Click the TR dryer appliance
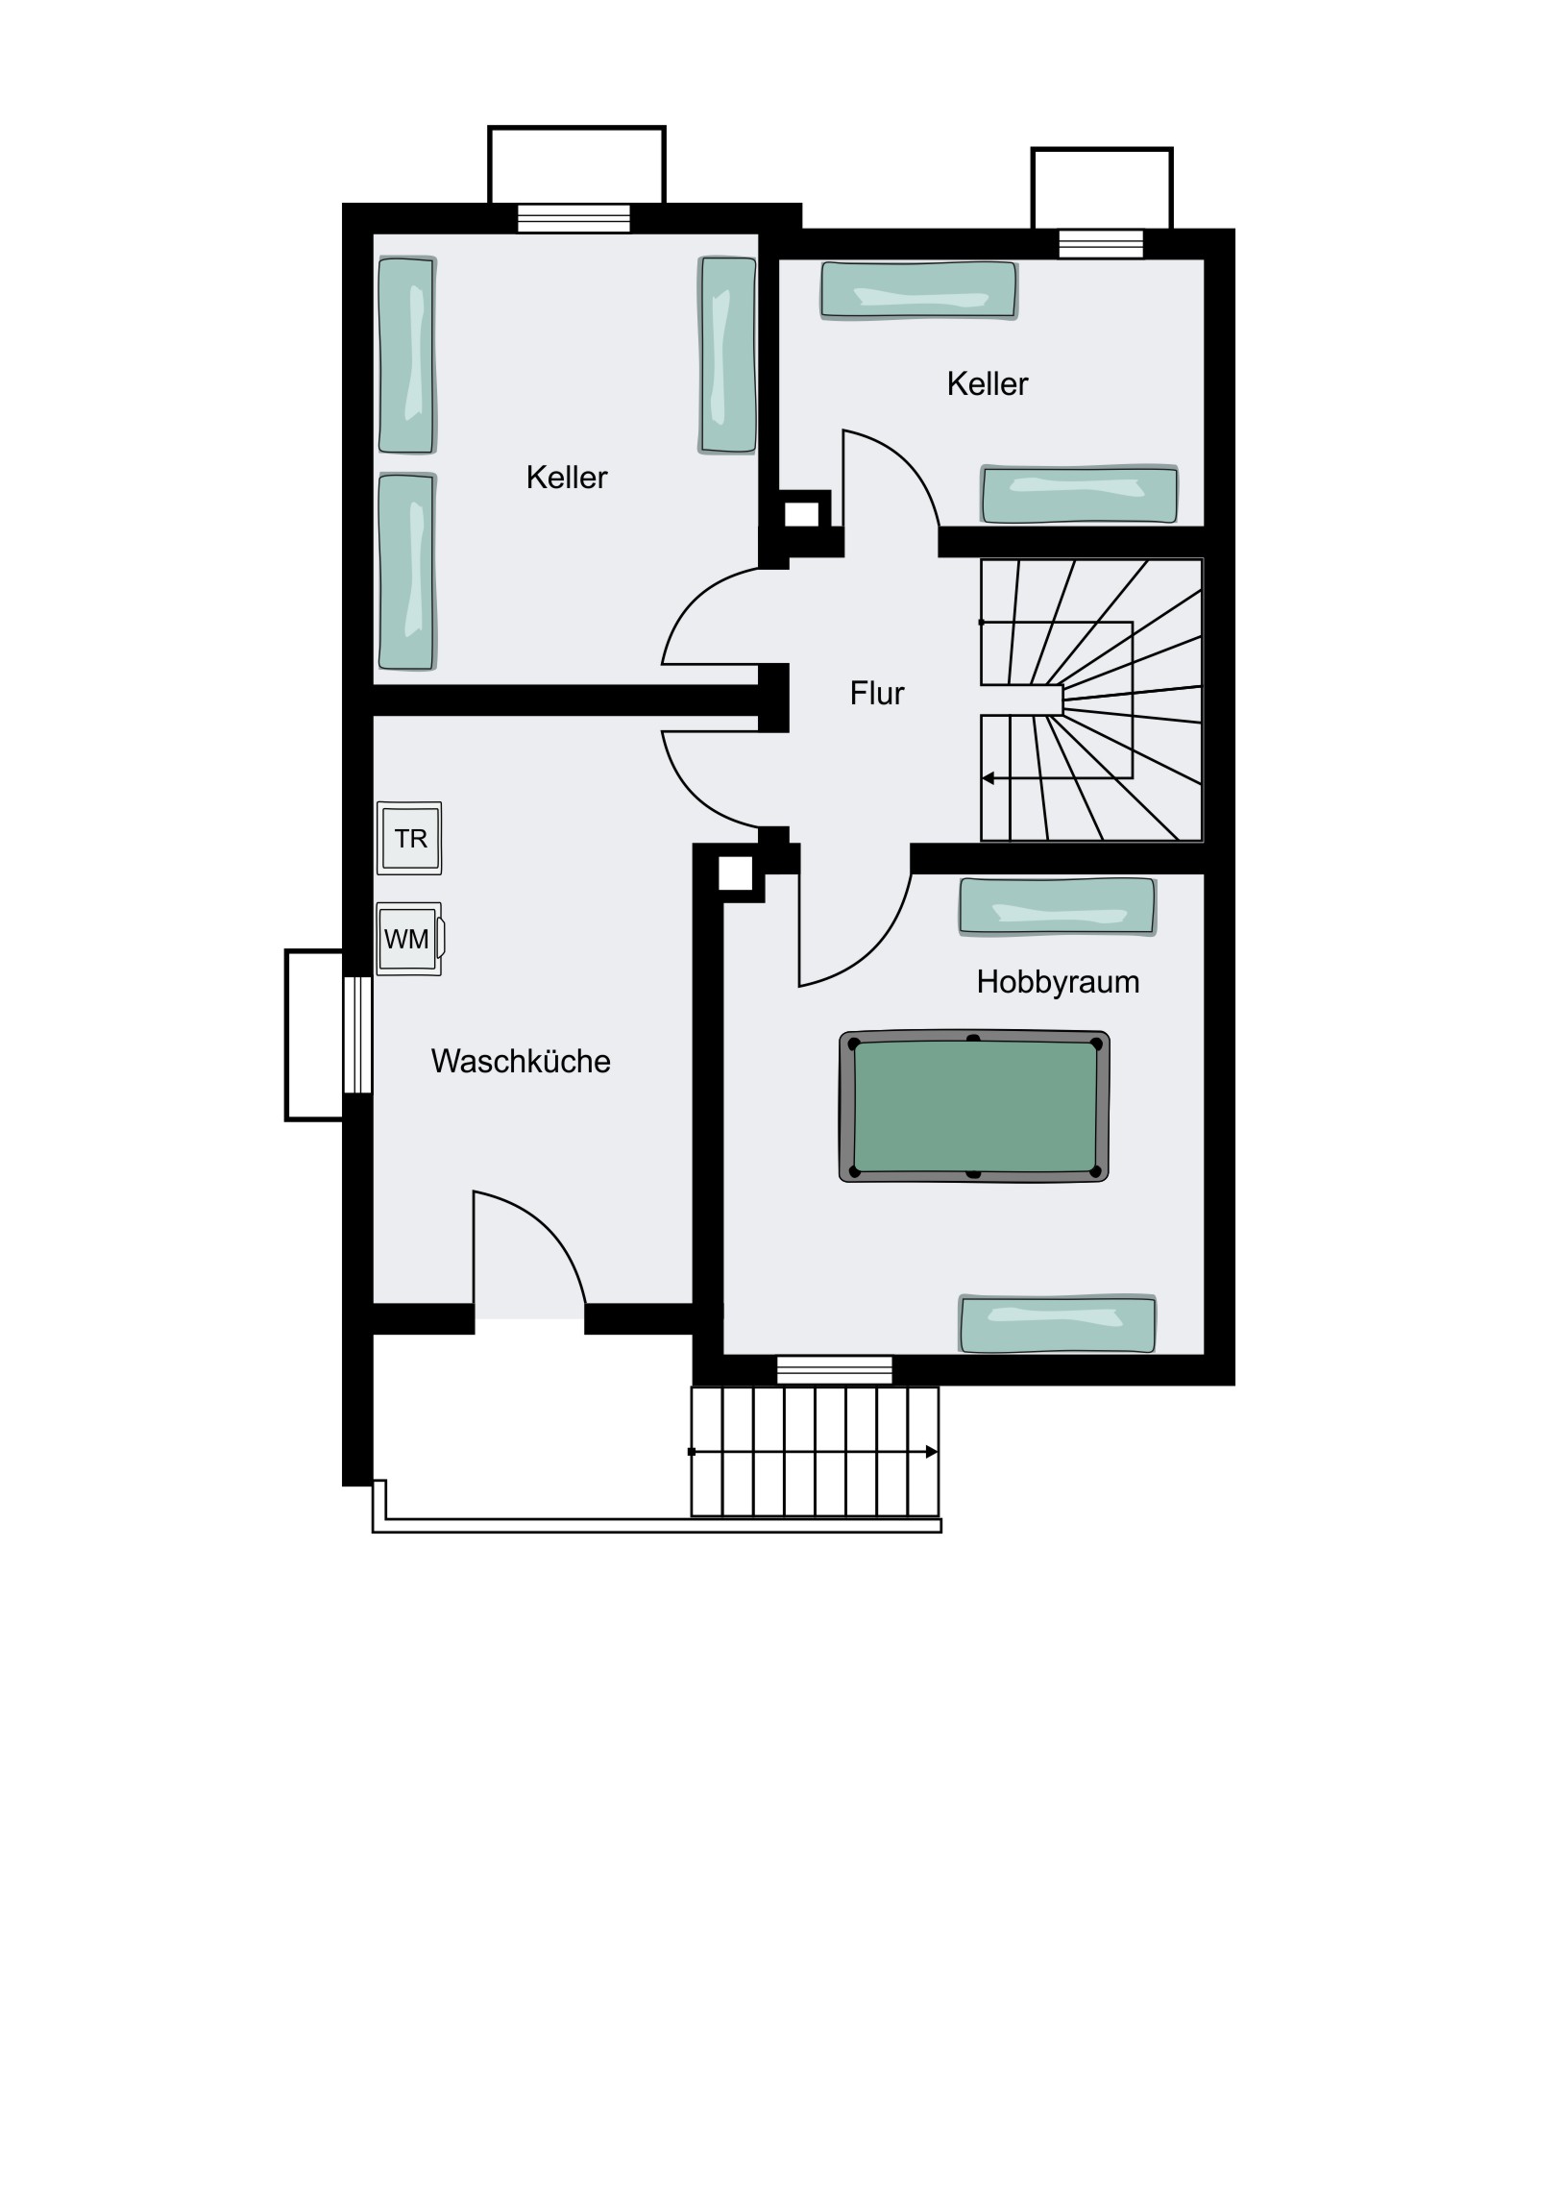tap(409, 838)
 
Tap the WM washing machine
tap(410, 939)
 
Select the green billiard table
tap(974, 1106)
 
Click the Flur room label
tap(877, 693)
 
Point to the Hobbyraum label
tap(1058, 982)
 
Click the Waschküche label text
tap(521, 1061)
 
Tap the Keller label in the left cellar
tap(567, 478)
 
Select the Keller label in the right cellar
tap(988, 384)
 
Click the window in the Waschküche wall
tap(358, 1035)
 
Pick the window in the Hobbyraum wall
tap(835, 1368)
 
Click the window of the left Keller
tap(574, 218)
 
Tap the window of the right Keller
tap(1101, 244)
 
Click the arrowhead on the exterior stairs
tap(932, 1452)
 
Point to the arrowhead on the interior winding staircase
tap(988, 777)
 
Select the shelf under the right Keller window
tap(919, 290)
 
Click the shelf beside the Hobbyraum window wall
tap(1058, 1323)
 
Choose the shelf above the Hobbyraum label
tap(1058, 907)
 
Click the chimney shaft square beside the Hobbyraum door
tap(735, 873)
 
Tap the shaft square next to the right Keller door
tap(802, 514)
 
